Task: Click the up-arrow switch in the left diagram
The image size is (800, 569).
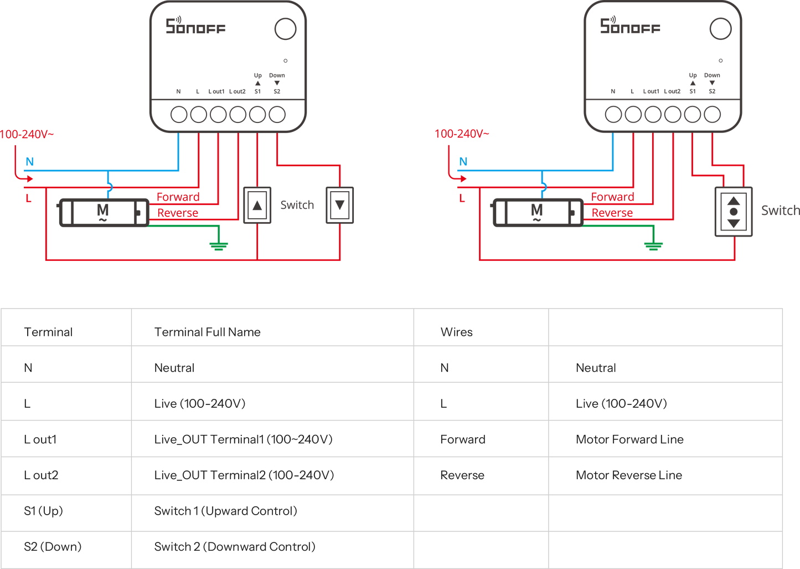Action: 257,205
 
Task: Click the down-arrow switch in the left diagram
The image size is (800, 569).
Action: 339,205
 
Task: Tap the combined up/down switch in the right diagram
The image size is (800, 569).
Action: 734,212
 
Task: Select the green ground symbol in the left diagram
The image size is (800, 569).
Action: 218,245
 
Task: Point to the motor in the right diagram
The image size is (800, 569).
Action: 537,212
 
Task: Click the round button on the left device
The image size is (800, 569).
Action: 286,28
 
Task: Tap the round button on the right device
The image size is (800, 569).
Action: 720,28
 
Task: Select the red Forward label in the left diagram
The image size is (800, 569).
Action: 178,197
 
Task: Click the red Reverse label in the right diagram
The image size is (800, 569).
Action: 612,212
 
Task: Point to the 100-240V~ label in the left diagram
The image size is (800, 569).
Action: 27,134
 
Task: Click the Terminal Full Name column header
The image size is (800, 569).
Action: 207,332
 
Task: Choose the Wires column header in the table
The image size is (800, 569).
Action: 456,332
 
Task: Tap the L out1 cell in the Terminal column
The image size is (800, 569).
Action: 40,439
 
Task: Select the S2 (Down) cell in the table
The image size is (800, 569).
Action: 53,547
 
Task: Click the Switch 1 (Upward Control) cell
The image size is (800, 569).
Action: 225,511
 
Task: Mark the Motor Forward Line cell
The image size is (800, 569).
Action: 629,439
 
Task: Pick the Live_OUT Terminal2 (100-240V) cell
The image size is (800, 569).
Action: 244,475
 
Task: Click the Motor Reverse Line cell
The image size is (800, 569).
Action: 628,475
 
